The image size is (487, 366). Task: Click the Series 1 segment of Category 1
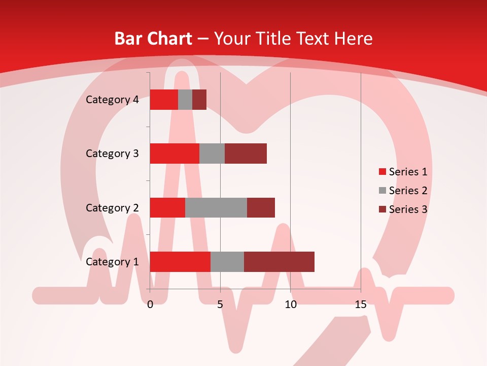180,262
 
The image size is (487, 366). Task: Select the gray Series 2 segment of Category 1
227,262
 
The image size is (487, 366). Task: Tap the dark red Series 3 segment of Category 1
279,262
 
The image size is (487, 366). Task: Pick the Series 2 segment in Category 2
216,207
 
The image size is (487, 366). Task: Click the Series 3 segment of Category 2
261,207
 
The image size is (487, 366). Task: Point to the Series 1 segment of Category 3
175,154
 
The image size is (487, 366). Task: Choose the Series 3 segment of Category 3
246,154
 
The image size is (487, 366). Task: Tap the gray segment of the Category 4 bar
185,100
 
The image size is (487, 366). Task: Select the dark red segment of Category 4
199,100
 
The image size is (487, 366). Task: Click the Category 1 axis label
112,262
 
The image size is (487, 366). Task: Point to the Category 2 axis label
112,208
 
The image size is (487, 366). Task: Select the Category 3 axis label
112,154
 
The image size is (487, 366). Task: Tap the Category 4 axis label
112,100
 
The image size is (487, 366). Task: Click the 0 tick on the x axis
150,304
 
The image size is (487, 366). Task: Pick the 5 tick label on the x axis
220,304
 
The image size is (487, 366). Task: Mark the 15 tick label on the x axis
361,304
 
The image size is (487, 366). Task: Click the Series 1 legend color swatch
382,172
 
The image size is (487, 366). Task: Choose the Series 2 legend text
408,191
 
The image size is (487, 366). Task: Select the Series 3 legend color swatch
382,209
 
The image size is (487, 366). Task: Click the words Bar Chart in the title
153,39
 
